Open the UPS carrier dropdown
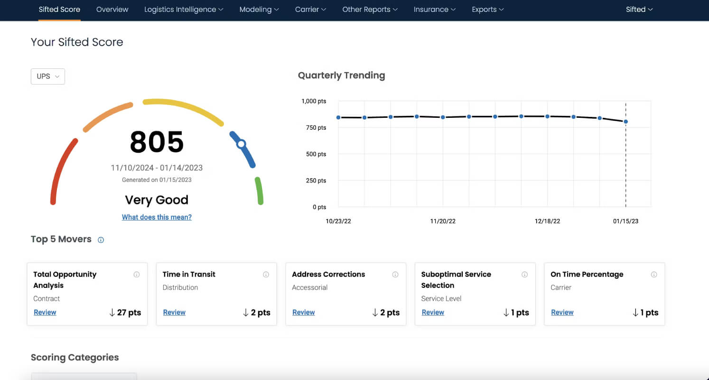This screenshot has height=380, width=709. (48, 76)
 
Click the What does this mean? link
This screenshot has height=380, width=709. (157, 217)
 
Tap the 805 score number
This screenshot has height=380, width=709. (157, 142)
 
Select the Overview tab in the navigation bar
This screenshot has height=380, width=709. (112, 9)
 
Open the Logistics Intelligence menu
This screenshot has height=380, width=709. (184, 9)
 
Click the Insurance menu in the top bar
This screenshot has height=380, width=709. (435, 9)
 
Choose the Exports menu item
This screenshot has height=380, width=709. (488, 9)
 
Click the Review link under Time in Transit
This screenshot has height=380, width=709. (174, 312)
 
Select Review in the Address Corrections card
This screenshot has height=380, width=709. (304, 312)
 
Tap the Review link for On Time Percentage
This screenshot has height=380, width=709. (562, 312)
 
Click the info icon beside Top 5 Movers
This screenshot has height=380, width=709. (101, 240)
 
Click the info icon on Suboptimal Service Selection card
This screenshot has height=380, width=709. (524, 275)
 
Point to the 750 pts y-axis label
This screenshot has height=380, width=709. (316, 127)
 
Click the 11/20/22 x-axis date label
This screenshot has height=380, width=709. (443, 221)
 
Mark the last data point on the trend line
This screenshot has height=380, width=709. (626, 122)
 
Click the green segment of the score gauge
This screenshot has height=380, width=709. (259, 191)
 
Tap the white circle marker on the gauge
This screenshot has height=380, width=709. (241, 144)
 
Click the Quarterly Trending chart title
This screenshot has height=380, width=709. (342, 76)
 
